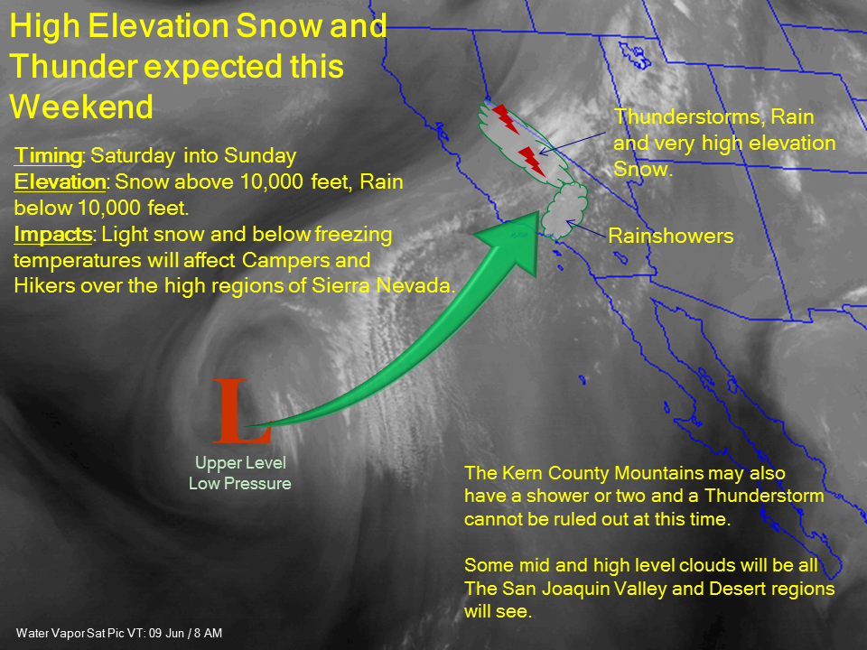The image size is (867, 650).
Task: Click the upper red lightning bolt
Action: (x=506, y=118)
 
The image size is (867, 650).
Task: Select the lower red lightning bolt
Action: (x=532, y=162)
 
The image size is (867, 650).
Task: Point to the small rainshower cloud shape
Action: (x=564, y=210)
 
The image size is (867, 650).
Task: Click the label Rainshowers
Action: (x=671, y=236)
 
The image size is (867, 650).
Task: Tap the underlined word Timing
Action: (x=48, y=155)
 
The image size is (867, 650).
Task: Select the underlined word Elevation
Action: (x=60, y=181)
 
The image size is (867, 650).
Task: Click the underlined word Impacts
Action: (x=53, y=235)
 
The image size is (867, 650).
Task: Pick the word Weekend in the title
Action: (x=81, y=107)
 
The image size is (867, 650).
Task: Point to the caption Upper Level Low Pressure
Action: (x=240, y=473)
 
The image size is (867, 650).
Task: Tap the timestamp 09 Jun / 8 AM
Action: (x=186, y=633)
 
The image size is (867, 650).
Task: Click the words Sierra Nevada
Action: (x=383, y=285)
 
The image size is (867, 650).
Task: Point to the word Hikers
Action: (x=44, y=285)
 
